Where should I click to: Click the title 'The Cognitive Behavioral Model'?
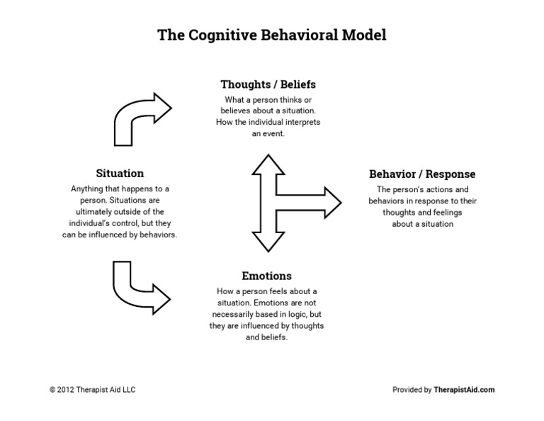(x=271, y=35)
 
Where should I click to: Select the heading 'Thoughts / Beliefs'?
(x=268, y=84)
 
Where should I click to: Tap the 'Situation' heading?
(x=120, y=173)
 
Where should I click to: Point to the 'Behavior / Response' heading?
(x=422, y=174)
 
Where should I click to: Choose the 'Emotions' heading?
(x=266, y=276)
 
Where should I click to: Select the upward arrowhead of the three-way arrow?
(x=268, y=166)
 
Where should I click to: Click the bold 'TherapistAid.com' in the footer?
(x=464, y=389)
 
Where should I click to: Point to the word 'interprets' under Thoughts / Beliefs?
(x=303, y=122)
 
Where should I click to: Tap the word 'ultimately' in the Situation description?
(x=95, y=211)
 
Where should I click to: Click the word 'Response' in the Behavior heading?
(x=450, y=174)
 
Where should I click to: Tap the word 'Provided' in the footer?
(x=409, y=389)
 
